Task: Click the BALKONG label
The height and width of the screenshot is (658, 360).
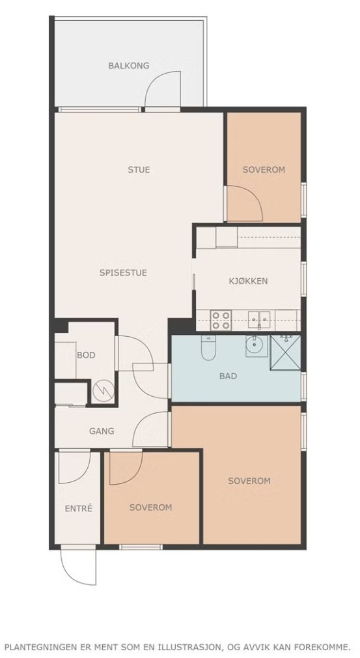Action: [x=129, y=65]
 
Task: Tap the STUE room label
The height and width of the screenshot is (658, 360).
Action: [x=139, y=170]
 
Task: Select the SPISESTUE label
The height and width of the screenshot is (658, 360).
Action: [x=123, y=273]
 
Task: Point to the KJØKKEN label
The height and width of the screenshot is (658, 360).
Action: [x=248, y=281]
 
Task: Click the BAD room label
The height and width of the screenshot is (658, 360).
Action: [x=228, y=376]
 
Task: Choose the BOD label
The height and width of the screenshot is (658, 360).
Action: [x=86, y=355]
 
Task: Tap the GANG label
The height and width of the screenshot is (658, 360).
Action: [x=102, y=431]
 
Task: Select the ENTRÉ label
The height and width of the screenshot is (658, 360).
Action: [x=78, y=509]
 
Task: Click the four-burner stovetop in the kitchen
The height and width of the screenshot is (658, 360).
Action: [x=221, y=320]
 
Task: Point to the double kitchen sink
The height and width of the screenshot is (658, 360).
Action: [x=259, y=320]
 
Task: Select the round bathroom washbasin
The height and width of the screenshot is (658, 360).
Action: [x=256, y=346]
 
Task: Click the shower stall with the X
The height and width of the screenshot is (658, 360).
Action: [x=285, y=352]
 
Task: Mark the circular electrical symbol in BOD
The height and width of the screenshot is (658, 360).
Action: [x=103, y=392]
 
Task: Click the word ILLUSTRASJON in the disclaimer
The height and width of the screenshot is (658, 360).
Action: [x=197, y=646]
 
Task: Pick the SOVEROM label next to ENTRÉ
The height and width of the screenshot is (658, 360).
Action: [x=150, y=508]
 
